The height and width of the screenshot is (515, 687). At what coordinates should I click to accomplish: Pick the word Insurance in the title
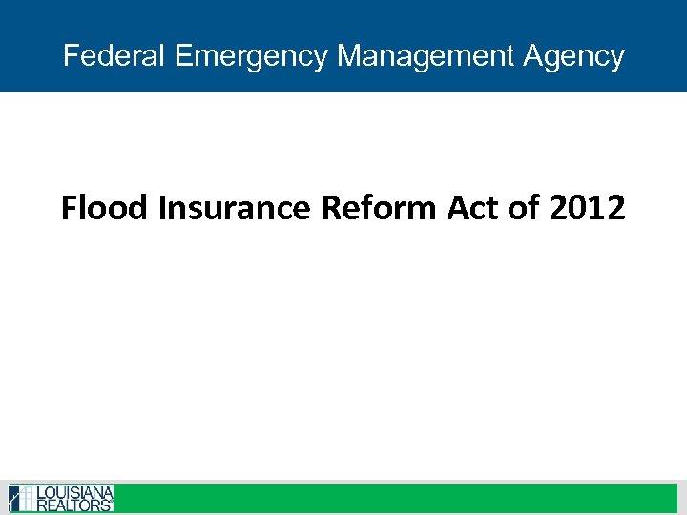(235, 207)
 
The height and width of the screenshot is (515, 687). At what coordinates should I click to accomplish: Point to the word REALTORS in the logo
(75, 505)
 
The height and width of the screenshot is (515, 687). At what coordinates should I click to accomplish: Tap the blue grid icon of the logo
(21, 499)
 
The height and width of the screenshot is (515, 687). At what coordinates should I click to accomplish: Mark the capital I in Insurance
(163, 207)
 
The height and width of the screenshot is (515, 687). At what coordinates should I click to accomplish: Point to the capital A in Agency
(532, 55)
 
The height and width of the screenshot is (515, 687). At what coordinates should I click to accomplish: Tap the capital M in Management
(348, 55)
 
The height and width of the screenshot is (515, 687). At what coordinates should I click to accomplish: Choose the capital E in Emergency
(184, 55)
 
